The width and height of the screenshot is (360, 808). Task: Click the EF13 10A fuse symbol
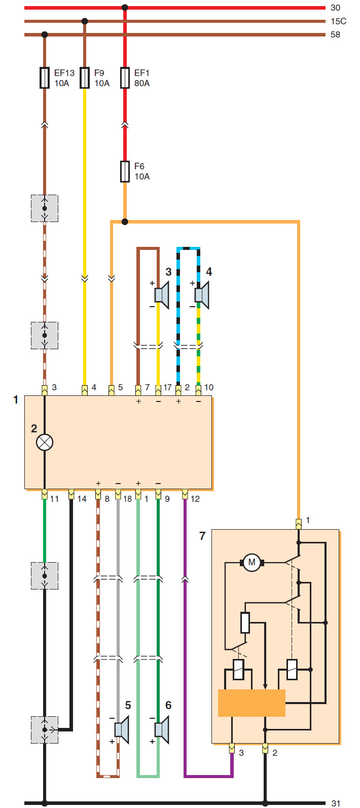point(45,78)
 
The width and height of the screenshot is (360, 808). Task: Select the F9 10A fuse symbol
point(84,78)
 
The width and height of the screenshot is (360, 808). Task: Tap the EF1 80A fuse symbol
point(125,78)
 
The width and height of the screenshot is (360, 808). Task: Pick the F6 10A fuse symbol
point(125,171)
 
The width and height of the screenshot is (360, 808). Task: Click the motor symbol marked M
point(252,562)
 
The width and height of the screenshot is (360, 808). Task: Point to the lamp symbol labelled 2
point(45,443)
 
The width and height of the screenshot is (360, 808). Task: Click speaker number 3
point(162,295)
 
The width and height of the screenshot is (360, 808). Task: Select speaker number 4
point(202,295)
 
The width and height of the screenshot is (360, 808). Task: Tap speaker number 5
point(122,730)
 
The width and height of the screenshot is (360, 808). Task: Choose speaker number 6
point(162,730)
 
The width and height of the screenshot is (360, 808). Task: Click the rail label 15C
point(338,21)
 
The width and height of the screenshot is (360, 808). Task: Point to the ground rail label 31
point(336,803)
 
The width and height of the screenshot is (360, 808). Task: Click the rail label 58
point(335,34)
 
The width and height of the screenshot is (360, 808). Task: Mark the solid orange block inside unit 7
point(252,703)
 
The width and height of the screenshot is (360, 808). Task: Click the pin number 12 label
point(195,499)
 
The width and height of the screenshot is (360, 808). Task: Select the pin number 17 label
point(167,387)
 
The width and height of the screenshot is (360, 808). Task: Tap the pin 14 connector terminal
point(71,494)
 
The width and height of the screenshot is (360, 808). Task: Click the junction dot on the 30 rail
point(125,8)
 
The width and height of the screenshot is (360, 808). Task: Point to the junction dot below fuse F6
point(125,222)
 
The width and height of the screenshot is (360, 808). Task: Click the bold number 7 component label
point(202,536)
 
